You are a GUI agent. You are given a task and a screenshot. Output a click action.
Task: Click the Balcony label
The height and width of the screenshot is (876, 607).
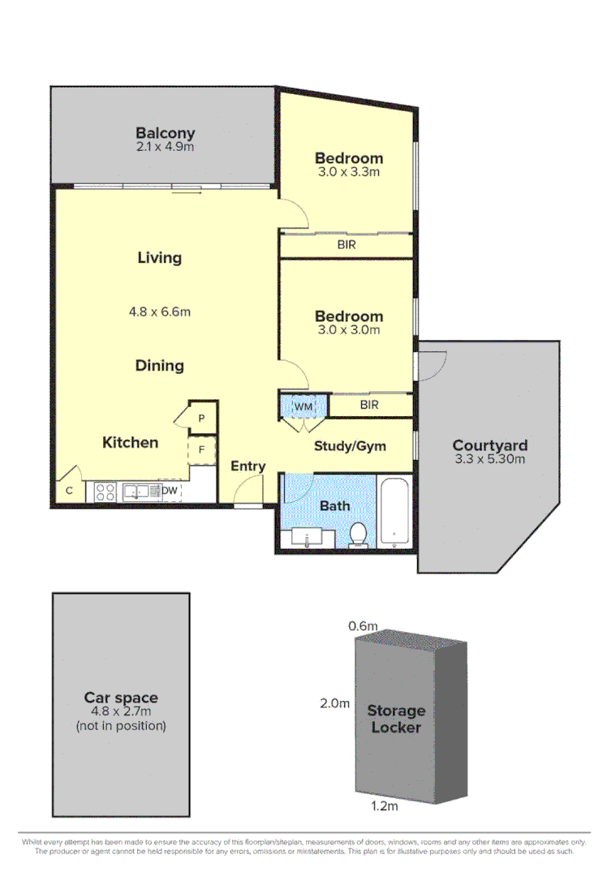(x=165, y=133)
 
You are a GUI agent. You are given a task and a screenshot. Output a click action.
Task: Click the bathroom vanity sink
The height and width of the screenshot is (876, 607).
(x=307, y=538)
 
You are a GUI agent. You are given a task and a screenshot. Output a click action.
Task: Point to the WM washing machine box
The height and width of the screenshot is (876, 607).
(x=303, y=405)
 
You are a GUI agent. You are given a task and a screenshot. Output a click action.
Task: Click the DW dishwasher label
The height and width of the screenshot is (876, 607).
(x=170, y=491)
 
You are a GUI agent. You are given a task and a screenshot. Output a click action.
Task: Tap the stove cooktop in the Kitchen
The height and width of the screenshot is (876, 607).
(x=105, y=492)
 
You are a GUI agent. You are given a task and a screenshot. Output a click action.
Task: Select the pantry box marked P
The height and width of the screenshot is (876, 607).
(x=201, y=418)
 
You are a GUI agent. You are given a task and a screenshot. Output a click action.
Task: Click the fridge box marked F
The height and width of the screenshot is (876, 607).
(x=201, y=449)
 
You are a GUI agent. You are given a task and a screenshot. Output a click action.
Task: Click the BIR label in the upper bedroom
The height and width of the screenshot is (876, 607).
(x=347, y=244)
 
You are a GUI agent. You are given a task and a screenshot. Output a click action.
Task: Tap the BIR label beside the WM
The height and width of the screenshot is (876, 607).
(x=368, y=405)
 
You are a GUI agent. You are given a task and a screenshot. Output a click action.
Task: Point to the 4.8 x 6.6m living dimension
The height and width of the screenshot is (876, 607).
(x=160, y=311)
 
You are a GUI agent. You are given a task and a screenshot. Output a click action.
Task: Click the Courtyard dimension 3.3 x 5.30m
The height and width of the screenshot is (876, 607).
(x=490, y=459)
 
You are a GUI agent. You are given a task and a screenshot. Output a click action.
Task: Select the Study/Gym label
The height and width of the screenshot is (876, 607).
(x=350, y=446)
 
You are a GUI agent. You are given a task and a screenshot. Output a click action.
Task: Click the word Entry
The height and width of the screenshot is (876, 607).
(x=248, y=466)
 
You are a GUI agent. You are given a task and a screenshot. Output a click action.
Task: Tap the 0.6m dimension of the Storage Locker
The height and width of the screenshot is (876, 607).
(x=363, y=625)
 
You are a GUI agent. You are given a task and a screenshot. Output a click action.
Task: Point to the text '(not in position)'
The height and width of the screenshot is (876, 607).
(x=121, y=726)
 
